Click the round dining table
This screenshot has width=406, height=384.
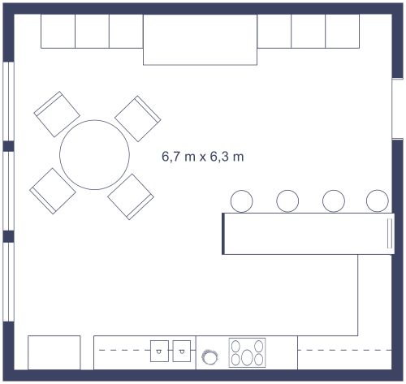pyautogui.click(x=94, y=155)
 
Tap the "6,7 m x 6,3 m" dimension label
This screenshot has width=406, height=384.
pyautogui.click(x=203, y=157)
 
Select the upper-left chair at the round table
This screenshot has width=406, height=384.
pyautogui.click(x=57, y=114)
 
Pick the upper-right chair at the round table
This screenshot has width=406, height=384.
pyautogui.click(x=138, y=119)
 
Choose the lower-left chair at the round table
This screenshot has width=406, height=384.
pyautogui.click(x=53, y=191)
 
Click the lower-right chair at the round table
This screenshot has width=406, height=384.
pyautogui.click(x=131, y=196)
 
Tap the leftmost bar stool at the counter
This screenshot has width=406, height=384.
pyautogui.click(x=242, y=201)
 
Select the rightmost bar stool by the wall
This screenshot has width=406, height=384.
pyautogui.click(x=378, y=201)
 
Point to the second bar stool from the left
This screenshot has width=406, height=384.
pyautogui.click(x=287, y=201)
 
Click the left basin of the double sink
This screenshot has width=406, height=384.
pyautogui.click(x=159, y=351)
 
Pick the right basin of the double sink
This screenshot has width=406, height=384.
pyautogui.click(x=182, y=351)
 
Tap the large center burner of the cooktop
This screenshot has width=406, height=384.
pyautogui.click(x=247, y=357)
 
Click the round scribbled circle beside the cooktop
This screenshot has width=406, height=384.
pyautogui.click(x=209, y=356)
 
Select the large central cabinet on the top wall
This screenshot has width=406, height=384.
pyautogui.click(x=200, y=40)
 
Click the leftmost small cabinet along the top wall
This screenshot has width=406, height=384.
pyautogui.click(x=58, y=31)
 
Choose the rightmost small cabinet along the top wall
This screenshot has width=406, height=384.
pyautogui.click(x=343, y=31)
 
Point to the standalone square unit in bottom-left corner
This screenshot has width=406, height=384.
pyautogui.click(x=54, y=352)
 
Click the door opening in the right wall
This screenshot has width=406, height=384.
pyautogui.click(x=397, y=109)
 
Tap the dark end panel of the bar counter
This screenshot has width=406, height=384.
pyautogui.click(x=223, y=234)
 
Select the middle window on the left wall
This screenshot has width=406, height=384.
pyautogui.click(x=8, y=191)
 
